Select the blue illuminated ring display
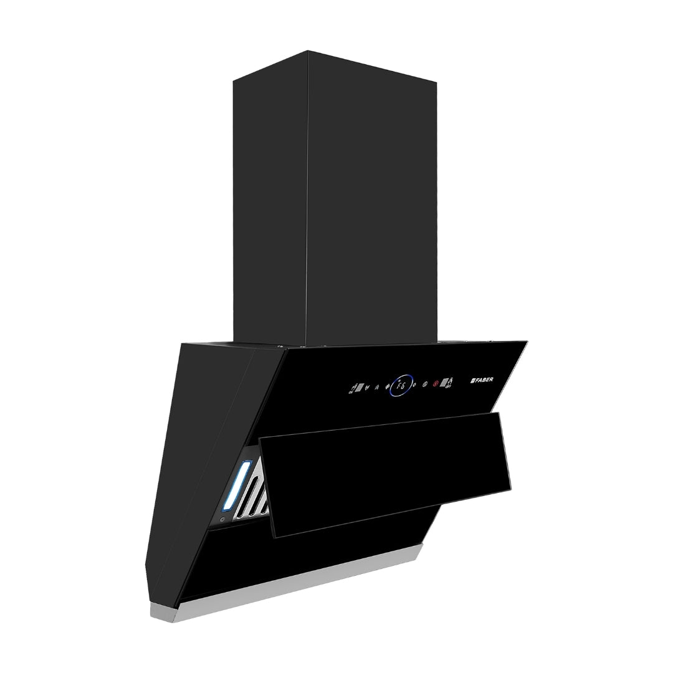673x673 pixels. point(402,384)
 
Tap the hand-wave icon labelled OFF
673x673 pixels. point(449,383)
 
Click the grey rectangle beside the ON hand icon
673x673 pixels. point(359,387)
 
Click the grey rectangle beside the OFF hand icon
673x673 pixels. point(442,383)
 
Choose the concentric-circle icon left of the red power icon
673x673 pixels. point(425,384)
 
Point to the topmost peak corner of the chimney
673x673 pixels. point(307,51)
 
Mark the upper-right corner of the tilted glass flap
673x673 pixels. point(499,413)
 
